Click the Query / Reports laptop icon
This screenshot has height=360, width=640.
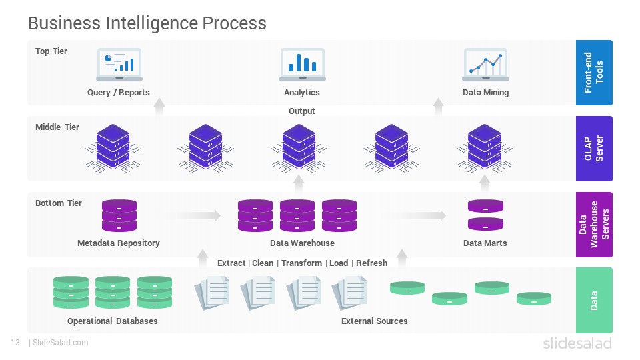pos(119,64)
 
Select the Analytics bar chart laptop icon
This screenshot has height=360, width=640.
pos(302,64)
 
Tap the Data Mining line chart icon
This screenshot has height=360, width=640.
pos(485,64)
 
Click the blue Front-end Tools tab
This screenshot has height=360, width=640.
pos(594,73)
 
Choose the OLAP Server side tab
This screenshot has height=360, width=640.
pos(594,149)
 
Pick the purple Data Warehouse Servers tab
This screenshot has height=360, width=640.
pos(594,225)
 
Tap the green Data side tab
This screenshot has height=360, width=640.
pos(594,301)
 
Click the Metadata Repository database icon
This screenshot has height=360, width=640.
pos(119,215)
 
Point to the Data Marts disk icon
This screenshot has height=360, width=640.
pos(485,215)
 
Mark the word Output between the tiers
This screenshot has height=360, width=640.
pos(301,111)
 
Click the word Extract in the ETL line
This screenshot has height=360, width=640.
pos(231,263)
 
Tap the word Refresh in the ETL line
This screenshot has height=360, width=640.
pos(371,263)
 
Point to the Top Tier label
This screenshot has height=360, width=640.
pos(51,51)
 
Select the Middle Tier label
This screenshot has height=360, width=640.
pos(57,127)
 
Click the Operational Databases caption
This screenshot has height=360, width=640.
pos(112,321)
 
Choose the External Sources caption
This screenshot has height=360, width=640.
pos(374,321)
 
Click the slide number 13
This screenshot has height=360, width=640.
pos(15,343)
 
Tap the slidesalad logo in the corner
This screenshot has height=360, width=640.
pos(577,343)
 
